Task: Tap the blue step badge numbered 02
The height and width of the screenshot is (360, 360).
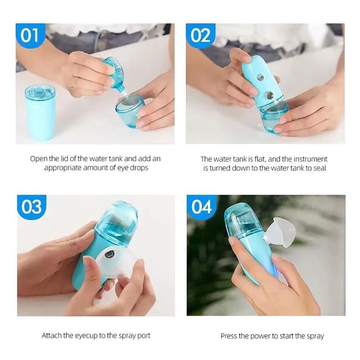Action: coord(200,36)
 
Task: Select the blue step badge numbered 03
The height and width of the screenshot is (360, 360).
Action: coord(31,207)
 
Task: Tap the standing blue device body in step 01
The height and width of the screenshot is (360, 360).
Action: coord(40,113)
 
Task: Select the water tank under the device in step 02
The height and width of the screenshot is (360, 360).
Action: coord(274,116)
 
